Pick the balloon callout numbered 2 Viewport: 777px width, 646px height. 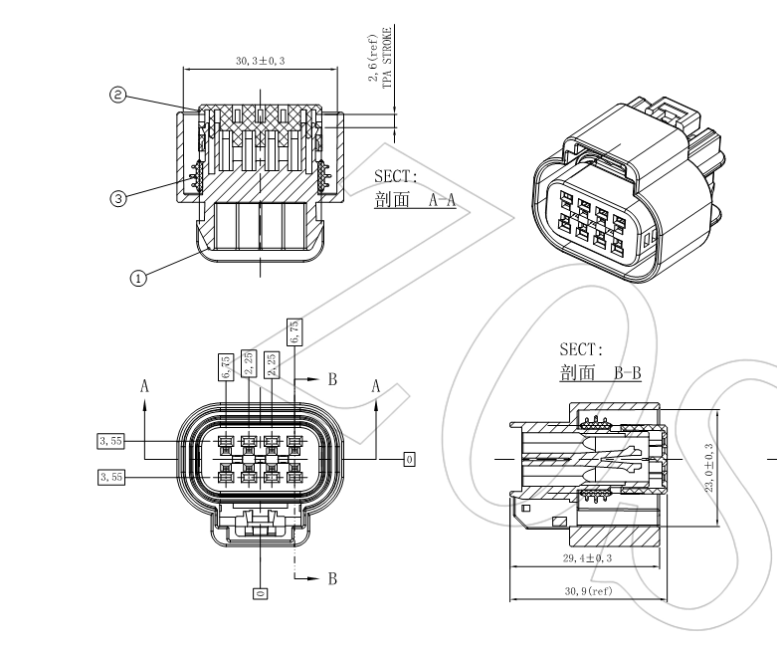tap(118, 96)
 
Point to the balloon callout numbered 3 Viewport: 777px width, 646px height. tap(118, 198)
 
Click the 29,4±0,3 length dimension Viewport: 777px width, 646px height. tap(580, 557)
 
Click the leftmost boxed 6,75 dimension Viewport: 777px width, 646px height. tap(226, 366)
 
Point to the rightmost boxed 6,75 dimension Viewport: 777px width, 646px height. tap(293, 331)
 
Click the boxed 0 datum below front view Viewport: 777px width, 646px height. tap(260, 593)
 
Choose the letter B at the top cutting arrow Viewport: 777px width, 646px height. tap(333, 379)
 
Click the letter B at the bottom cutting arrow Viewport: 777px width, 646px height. tap(333, 577)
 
